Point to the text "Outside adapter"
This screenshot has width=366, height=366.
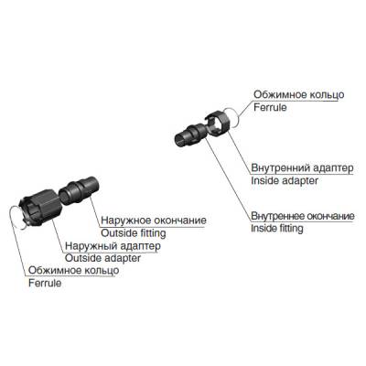(x=98, y=258)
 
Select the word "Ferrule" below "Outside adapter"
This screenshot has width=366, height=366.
(x=45, y=284)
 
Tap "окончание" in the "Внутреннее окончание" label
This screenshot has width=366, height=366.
(x=330, y=216)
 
